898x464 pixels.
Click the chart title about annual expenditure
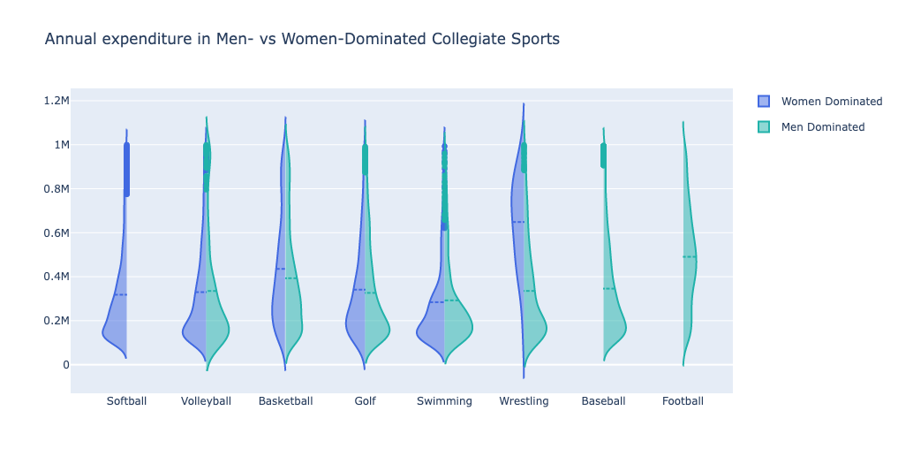click(x=302, y=40)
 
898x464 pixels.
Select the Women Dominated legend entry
click(x=831, y=102)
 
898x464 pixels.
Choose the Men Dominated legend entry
click(x=822, y=127)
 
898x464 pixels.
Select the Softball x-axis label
click(x=126, y=401)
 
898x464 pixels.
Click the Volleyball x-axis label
click(x=206, y=401)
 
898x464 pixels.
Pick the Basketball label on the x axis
click(x=285, y=401)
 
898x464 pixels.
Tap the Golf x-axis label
click(x=365, y=401)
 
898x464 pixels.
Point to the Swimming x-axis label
click(x=444, y=401)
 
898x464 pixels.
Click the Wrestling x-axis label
click(x=524, y=401)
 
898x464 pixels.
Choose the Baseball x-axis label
click(x=603, y=401)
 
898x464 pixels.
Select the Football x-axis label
click(x=683, y=401)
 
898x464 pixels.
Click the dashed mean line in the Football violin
click(x=690, y=257)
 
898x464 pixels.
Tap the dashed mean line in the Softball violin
click(x=120, y=294)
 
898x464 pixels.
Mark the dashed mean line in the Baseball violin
click(x=609, y=289)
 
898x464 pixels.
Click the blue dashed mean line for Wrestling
click(x=518, y=222)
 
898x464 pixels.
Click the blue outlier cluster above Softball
click(x=126, y=169)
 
